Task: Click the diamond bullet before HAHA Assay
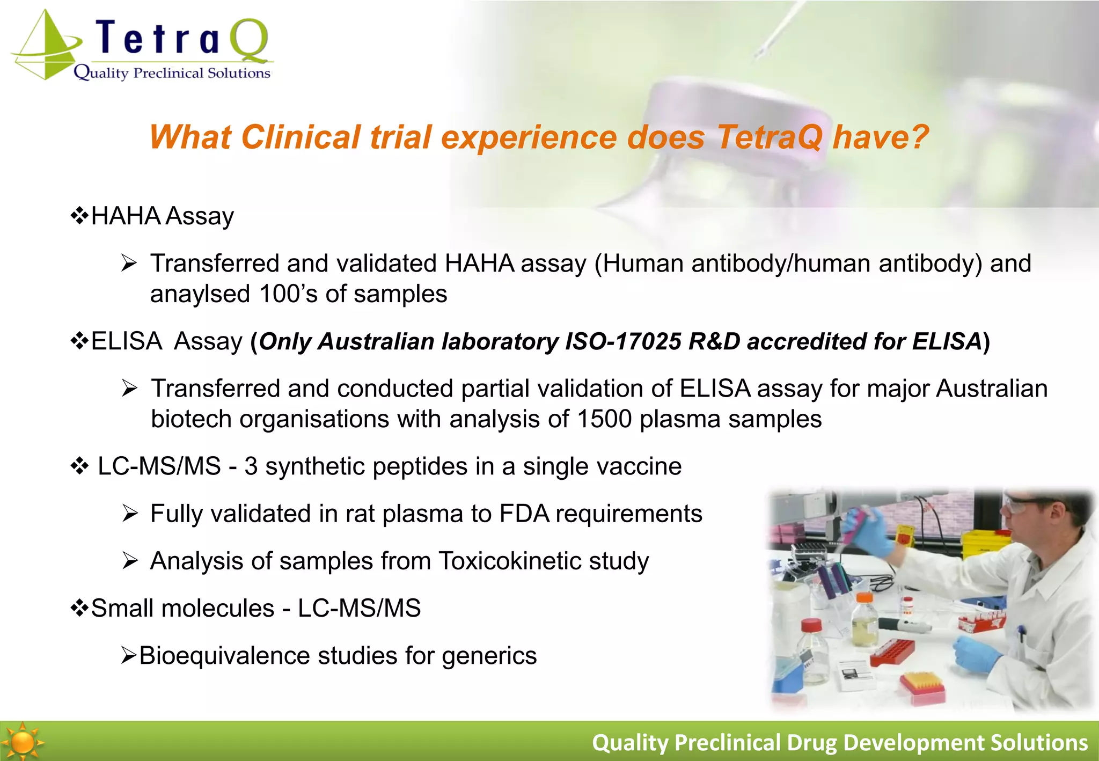click(x=79, y=216)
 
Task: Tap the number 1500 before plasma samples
click(x=604, y=419)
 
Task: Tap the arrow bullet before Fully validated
click(x=129, y=514)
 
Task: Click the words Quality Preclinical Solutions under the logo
click(x=172, y=73)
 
